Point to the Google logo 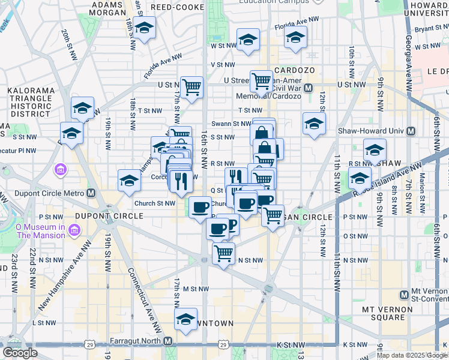(x=20, y=353)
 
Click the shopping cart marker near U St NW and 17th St (x=191, y=88)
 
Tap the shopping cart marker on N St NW (x=224, y=254)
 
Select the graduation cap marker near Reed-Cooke (x=144, y=28)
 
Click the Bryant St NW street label (x=431, y=28)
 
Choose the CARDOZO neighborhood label (x=294, y=70)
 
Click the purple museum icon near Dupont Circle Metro (x=60, y=170)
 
